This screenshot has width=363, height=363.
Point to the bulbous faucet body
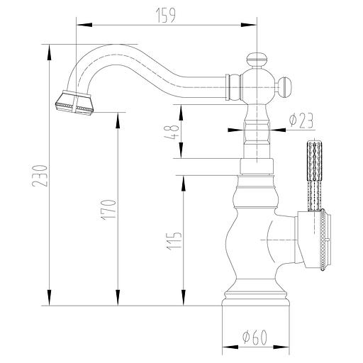[x=252, y=241]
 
